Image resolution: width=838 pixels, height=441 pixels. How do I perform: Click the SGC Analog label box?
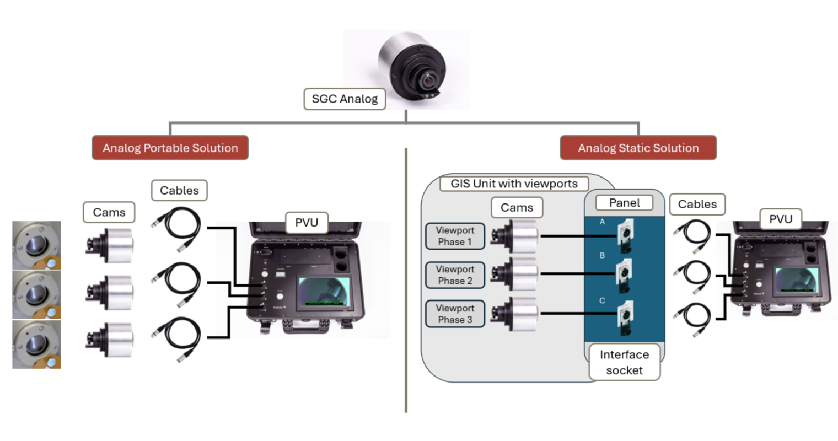coord(345,99)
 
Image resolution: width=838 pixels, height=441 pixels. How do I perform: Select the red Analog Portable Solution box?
coord(170,148)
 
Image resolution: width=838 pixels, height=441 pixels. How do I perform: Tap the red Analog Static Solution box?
coord(638,148)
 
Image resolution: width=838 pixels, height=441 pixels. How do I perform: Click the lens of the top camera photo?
coord(428,81)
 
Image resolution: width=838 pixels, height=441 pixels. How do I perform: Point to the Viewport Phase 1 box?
coord(455,236)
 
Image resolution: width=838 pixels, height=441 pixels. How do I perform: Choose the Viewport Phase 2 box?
coord(455,275)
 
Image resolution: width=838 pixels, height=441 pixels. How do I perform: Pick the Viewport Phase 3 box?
coord(455,314)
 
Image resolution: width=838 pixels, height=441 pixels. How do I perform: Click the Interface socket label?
coord(624,362)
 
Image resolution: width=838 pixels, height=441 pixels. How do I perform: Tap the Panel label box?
coord(624,203)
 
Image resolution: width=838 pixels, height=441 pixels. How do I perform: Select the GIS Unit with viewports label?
coord(514,184)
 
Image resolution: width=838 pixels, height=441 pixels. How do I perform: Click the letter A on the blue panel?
coord(602,222)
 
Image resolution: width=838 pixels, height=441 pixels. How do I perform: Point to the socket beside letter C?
coord(625,317)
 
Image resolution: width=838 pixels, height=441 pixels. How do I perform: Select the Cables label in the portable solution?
coord(179,190)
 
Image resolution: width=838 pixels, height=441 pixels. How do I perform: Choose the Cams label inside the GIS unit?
coord(517,208)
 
